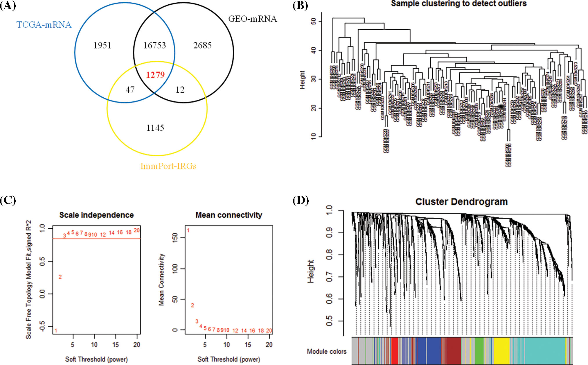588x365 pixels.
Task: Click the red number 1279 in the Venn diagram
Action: coord(155,75)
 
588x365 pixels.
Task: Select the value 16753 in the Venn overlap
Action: coord(154,45)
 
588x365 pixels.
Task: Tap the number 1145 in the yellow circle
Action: coord(155,128)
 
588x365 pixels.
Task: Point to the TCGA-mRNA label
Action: coord(44,25)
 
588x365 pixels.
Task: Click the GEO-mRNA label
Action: coord(253,19)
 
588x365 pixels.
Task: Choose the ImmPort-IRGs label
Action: coord(168,166)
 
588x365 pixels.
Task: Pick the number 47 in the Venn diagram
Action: coord(130,90)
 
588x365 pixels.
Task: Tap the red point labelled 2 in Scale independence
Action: coord(60,277)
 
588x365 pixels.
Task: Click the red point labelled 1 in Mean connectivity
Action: coord(188,230)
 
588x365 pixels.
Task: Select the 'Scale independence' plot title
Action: coord(96,215)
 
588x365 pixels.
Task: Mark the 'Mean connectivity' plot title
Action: coord(229,215)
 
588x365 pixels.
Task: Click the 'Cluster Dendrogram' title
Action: coord(461,202)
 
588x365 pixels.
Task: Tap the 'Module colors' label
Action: coord(327,352)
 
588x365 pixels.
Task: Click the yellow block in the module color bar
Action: coord(501,350)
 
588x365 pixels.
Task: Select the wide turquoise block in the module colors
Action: coord(544,350)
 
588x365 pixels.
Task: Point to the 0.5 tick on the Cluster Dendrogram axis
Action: coord(329,321)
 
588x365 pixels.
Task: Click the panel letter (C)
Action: coord(8,200)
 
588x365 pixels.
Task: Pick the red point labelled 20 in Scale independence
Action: coord(137,230)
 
